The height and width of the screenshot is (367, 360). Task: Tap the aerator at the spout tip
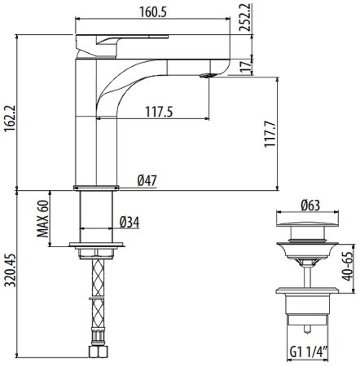205,77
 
